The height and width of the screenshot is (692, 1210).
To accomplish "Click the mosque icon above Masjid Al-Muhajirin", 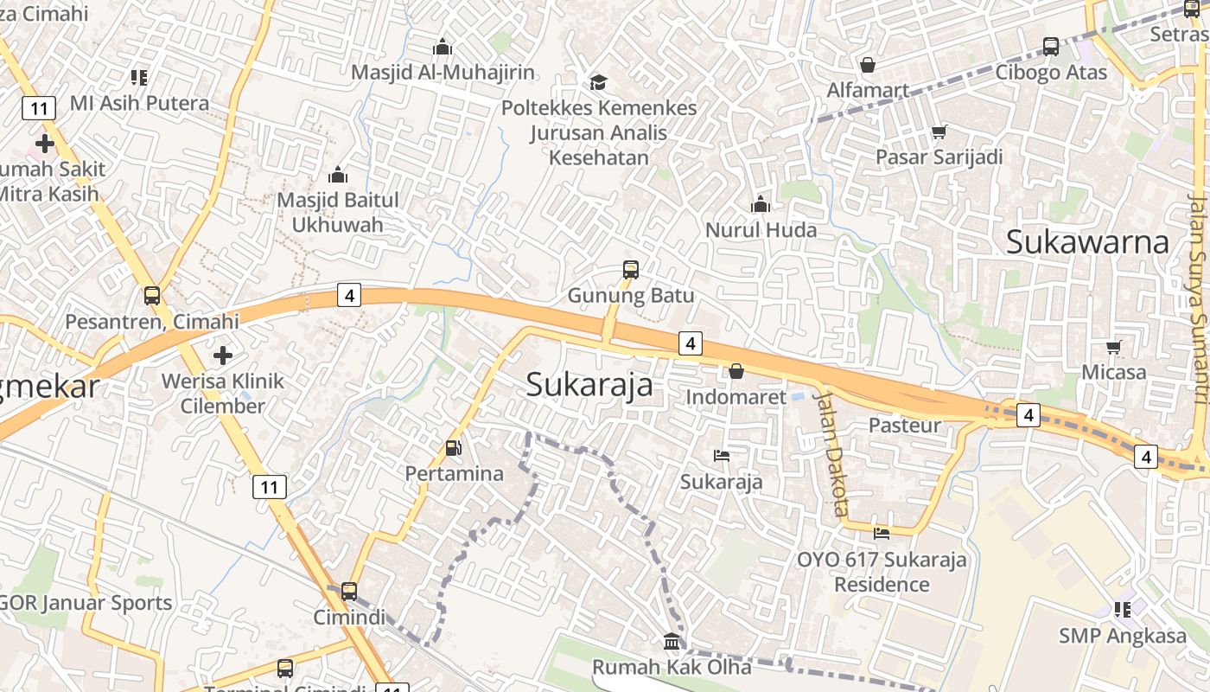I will [x=443, y=47].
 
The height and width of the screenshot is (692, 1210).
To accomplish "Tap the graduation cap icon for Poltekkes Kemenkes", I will [x=598, y=82].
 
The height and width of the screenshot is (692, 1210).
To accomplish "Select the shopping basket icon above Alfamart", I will [x=868, y=65].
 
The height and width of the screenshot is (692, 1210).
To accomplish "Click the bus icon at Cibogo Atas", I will [x=1051, y=47].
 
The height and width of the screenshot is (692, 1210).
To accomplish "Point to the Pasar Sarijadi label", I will [x=939, y=157].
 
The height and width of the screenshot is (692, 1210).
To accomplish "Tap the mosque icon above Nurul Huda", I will [x=761, y=204].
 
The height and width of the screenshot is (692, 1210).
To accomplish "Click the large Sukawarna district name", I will [x=1087, y=242].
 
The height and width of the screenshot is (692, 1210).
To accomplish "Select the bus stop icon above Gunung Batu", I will [x=631, y=270].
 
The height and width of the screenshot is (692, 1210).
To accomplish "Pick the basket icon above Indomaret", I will [x=736, y=371].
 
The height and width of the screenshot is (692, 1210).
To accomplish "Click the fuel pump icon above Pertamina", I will [x=454, y=448].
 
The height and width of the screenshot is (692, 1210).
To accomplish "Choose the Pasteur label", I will [x=904, y=425].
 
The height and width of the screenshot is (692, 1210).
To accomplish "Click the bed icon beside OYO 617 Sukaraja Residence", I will [x=882, y=533].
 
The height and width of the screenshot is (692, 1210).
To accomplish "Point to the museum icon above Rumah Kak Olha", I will [x=672, y=641].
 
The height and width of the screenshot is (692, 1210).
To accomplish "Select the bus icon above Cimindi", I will [x=349, y=592].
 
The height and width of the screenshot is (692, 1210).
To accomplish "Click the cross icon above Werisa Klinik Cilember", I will [x=223, y=355].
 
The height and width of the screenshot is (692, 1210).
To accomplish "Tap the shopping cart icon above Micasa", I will [x=1114, y=348].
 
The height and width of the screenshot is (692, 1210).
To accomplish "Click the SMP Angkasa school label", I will [x=1123, y=636].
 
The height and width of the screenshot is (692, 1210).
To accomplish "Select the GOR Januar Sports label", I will [x=86, y=602].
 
